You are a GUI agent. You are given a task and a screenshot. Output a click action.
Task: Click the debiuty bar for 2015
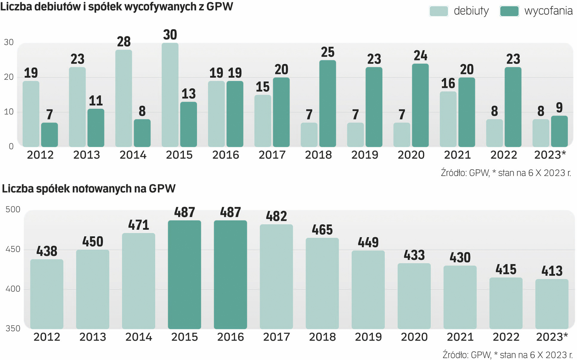coord(170,95)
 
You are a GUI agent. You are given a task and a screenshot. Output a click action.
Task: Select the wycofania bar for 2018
coord(327,104)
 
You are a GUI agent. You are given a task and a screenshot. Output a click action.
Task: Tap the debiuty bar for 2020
coord(402,135)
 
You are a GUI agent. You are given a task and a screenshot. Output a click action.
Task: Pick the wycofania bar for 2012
coord(49,135)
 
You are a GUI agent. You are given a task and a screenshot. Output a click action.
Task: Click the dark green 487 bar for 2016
coord(230,275)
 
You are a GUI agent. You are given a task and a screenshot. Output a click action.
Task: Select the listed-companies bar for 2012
coord(47,294)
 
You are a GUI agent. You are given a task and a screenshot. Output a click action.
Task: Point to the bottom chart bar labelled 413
coord(552,304)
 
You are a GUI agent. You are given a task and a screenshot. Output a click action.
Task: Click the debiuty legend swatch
coord(438,11)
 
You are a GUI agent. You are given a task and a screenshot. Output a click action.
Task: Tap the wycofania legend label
coord(548,11)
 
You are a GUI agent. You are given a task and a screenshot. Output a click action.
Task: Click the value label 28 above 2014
coord(124,42)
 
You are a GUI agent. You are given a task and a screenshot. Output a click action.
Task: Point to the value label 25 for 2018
coord(327,52)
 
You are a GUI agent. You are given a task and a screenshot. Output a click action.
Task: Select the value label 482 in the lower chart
coord(276,217)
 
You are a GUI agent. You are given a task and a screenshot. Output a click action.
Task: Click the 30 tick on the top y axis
coord(9,42)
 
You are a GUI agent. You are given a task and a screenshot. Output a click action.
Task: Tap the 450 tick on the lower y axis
coord(13,249)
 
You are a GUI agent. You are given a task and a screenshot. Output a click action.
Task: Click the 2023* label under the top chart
coord(550,155)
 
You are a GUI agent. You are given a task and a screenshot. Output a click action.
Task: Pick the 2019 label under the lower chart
coord(368,337)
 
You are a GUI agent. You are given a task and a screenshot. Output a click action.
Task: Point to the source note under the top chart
coord(506,173)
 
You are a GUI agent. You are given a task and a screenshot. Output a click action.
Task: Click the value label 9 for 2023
coord(559,108)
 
